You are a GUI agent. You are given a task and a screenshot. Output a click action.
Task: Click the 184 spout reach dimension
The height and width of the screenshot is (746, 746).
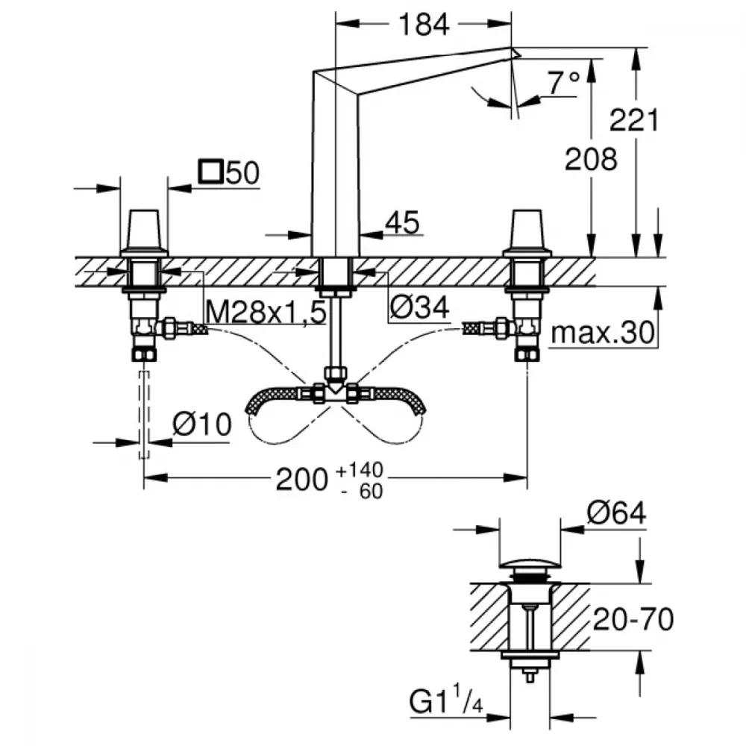(424, 25)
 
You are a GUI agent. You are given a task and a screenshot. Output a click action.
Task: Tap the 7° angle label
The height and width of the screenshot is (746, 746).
(563, 83)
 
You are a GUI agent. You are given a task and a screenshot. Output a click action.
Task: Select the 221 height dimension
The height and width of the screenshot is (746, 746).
(633, 120)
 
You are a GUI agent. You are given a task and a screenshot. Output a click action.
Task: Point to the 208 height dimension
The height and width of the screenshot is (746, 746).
(591, 159)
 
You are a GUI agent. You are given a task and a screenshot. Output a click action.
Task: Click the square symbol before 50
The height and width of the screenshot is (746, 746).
(211, 172)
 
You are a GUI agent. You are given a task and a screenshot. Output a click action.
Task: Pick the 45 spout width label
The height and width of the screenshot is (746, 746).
(403, 222)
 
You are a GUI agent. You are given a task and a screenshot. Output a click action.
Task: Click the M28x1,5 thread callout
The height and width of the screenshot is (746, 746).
(266, 312)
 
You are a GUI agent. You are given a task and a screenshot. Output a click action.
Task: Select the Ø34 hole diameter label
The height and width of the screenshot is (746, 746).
(419, 308)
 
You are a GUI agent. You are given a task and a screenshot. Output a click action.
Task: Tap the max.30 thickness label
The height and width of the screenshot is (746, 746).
(602, 333)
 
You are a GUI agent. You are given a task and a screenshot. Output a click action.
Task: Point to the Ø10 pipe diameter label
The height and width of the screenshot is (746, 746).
(201, 424)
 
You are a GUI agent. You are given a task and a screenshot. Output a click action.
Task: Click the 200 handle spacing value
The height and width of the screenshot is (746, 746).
(302, 480)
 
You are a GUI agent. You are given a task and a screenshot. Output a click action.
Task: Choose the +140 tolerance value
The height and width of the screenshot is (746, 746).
(360, 470)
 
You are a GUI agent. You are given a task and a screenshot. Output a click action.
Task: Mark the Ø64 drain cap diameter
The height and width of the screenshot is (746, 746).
(617, 513)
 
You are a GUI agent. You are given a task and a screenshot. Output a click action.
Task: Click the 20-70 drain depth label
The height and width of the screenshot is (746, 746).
(633, 619)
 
